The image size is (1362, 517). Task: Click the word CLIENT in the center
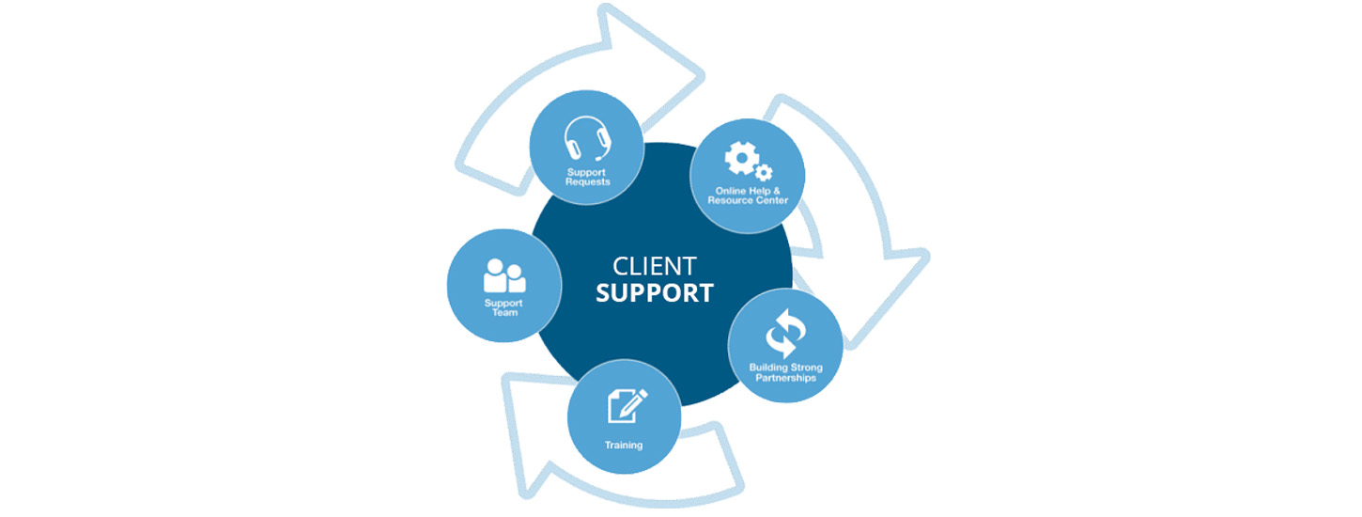(x=654, y=266)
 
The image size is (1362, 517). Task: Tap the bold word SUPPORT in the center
(x=655, y=292)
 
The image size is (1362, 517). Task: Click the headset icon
(x=588, y=140)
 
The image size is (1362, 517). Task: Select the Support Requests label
(x=588, y=177)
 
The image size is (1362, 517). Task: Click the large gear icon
(x=741, y=158)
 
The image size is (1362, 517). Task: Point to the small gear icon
(x=764, y=172)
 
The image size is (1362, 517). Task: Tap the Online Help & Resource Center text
(x=748, y=196)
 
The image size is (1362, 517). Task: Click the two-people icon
(x=504, y=275)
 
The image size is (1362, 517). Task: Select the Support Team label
(x=503, y=307)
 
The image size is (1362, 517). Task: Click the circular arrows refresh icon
(x=786, y=332)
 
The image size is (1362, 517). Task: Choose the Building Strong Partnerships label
(x=786, y=372)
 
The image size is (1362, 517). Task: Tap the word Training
(x=625, y=445)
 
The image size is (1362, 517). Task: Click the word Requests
(x=588, y=181)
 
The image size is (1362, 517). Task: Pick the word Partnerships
(x=786, y=378)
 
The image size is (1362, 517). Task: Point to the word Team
(x=503, y=313)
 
